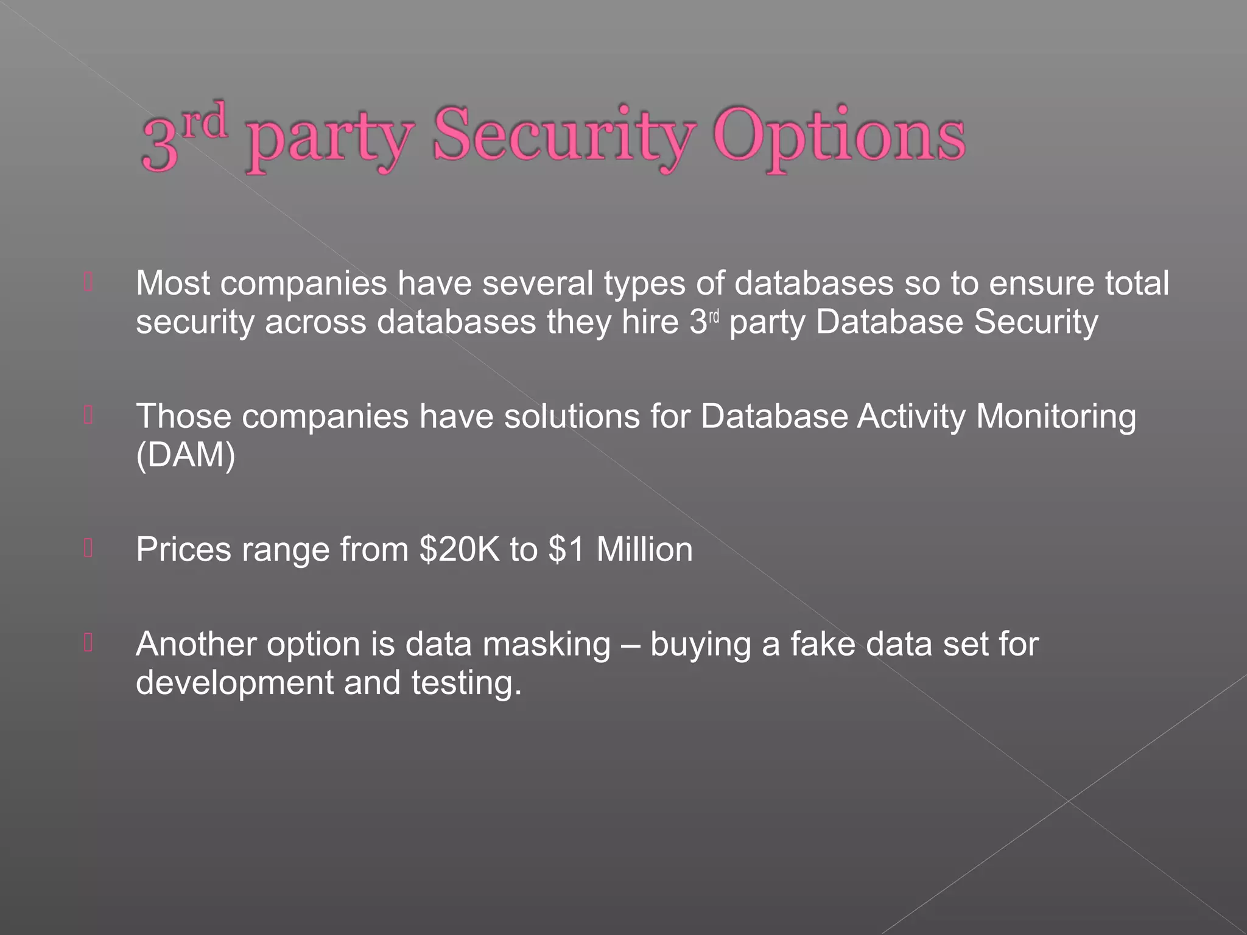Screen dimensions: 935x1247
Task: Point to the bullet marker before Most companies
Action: tap(88, 282)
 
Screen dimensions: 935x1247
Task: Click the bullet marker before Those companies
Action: tap(88, 416)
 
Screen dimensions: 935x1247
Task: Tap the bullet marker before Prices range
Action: tap(88, 548)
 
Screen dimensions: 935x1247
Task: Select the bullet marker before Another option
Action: tap(88, 643)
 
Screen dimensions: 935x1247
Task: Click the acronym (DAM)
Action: tap(185, 455)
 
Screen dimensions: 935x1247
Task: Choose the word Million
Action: tap(644, 549)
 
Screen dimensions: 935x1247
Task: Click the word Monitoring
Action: tap(1056, 417)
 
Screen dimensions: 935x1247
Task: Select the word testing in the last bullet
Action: tap(466, 683)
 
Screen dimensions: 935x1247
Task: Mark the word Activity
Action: tap(911, 417)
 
